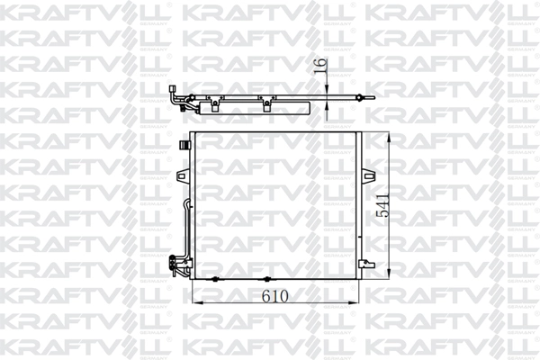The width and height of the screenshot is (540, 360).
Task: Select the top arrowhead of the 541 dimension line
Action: pos(390,134)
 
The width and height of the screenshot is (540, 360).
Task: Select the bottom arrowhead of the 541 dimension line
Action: pos(390,277)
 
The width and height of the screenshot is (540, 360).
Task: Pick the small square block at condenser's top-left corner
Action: pos(184,144)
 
